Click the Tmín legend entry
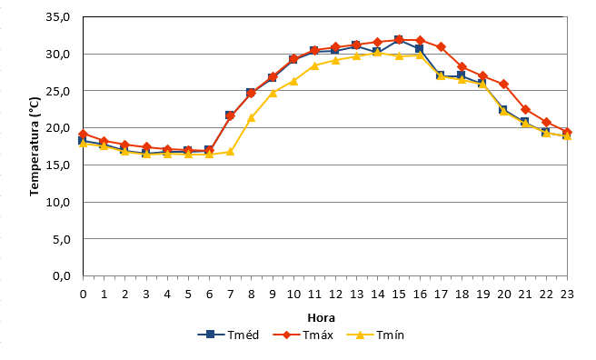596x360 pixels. click(375, 335)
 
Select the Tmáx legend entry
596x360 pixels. click(303, 335)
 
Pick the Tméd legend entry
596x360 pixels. click(228, 335)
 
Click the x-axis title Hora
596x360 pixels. click(322, 318)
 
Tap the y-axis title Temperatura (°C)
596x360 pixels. click(35, 146)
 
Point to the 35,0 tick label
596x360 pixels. click(58, 17)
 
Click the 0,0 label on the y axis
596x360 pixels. click(62, 276)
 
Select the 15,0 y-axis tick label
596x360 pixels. click(58, 165)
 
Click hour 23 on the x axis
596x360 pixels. click(567, 294)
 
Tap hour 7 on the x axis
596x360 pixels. click(230, 294)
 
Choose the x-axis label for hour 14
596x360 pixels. click(377, 294)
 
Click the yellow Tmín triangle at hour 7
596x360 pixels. click(230, 152)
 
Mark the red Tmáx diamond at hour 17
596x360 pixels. click(441, 46)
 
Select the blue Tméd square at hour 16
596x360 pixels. click(419, 49)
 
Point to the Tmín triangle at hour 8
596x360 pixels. click(251, 118)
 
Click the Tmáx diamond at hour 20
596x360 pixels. click(503, 84)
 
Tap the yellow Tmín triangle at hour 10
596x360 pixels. click(293, 81)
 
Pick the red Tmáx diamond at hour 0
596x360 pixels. click(84, 135)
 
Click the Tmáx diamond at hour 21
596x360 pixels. click(525, 109)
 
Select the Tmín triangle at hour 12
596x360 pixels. click(335, 60)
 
